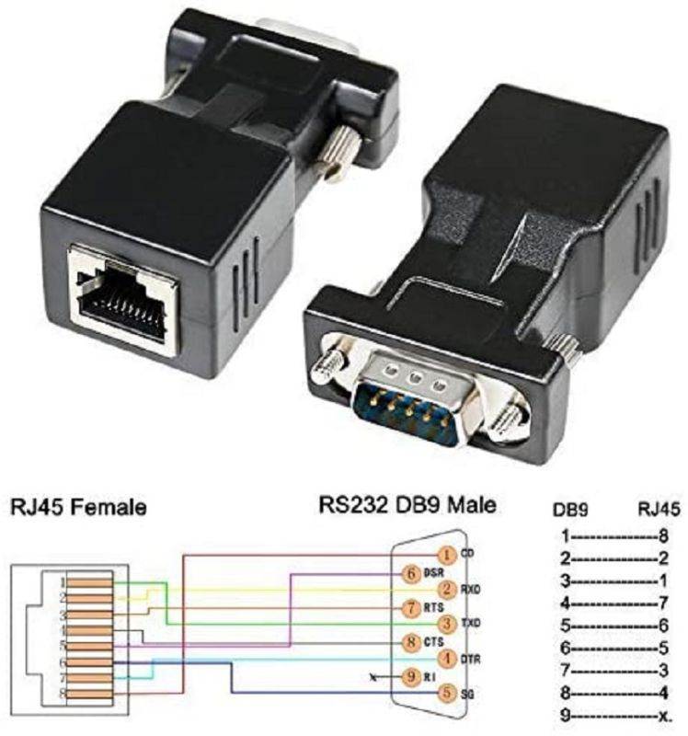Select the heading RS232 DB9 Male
407,505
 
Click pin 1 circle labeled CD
445,555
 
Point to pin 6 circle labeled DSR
411,572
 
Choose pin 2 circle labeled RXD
447,590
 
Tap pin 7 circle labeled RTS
411,607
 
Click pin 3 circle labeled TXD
446,624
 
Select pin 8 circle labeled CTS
411,641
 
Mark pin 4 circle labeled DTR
447,659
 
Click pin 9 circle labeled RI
411,676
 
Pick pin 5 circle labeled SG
447,692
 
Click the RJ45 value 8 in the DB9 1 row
661,535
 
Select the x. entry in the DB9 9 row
664,715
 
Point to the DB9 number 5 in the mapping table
565,625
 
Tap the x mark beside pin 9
372,677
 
